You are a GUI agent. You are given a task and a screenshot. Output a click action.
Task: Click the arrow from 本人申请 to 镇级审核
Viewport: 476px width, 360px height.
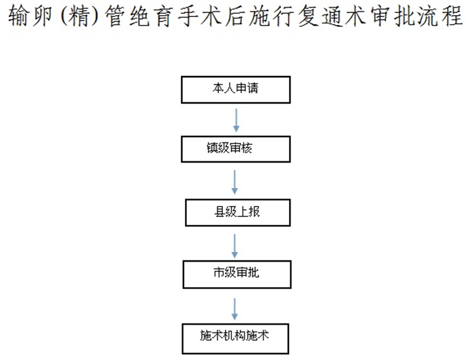pos(236,120)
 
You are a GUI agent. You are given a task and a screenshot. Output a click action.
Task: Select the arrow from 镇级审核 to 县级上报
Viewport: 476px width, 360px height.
pos(235,182)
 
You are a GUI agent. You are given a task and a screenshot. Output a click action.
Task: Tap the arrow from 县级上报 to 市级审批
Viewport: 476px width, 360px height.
pos(235,246)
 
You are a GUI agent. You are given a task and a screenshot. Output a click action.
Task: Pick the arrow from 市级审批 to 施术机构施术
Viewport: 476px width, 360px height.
pos(235,309)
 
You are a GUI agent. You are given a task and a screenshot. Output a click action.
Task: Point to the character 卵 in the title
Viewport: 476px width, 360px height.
pos(42,16)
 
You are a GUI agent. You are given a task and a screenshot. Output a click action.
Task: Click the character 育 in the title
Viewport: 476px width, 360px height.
pos(164,16)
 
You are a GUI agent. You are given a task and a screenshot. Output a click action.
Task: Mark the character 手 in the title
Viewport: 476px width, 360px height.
pos(188,16)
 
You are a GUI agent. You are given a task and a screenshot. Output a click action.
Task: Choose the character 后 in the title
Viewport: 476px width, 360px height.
pos(235,16)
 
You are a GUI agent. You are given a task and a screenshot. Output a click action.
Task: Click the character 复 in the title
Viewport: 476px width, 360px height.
pos(307,16)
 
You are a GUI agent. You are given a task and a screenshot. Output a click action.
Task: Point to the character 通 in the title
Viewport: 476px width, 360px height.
pos(332,16)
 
